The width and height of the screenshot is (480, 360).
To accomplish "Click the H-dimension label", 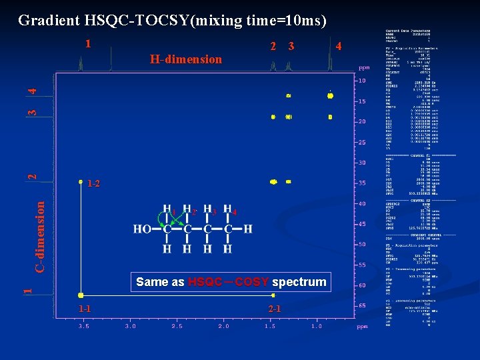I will [186, 59].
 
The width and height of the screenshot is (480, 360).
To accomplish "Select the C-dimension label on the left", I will [40, 237].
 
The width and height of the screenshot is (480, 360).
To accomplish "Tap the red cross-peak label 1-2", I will [93, 183].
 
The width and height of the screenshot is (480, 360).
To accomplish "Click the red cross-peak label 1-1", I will [84, 309].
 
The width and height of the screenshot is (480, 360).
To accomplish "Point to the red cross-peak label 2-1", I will [274, 309].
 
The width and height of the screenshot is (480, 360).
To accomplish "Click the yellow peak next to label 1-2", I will [80, 181].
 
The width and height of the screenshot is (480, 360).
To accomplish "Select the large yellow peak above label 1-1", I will [80, 294].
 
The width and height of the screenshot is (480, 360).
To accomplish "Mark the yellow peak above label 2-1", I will [272, 294].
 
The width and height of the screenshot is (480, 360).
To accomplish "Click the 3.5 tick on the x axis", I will [84, 327].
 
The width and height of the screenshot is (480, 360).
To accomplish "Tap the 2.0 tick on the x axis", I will [223, 327].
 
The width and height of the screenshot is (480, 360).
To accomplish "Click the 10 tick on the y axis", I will [362, 81].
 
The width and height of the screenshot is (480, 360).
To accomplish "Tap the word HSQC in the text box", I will [205, 282].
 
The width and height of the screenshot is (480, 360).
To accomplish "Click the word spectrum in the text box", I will [299, 282].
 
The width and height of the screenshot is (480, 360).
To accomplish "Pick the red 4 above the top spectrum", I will [339, 47].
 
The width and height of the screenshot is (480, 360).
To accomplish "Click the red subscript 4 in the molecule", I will [233, 213].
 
